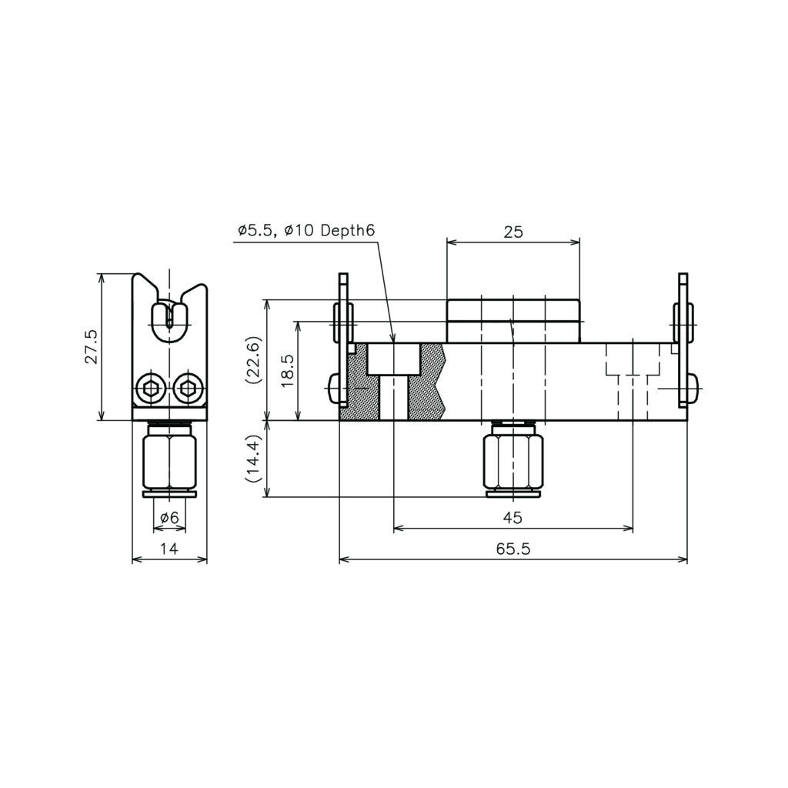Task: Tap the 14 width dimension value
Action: (x=169, y=548)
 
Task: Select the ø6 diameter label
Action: (x=169, y=517)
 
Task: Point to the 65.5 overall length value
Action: (x=513, y=548)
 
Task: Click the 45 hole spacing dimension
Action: (x=513, y=517)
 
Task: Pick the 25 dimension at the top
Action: (x=513, y=232)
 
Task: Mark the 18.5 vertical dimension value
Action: (x=287, y=371)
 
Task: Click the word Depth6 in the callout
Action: (x=348, y=231)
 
